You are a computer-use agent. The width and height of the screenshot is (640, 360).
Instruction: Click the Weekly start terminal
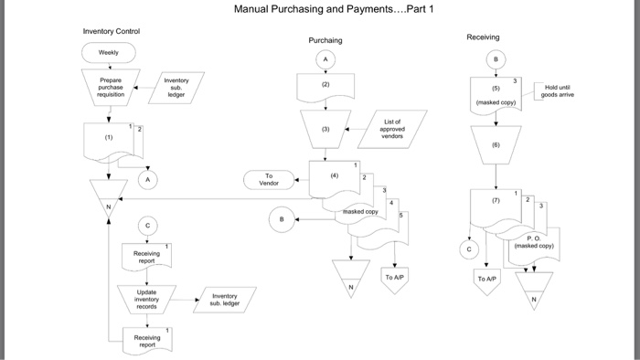coord(109,53)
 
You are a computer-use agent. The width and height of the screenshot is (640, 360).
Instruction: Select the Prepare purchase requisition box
coord(110,87)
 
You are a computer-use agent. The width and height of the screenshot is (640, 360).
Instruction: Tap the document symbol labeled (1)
coord(108,138)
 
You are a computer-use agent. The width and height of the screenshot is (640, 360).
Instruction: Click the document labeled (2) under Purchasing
coord(325,86)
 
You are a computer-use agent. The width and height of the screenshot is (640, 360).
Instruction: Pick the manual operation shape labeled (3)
coord(325,130)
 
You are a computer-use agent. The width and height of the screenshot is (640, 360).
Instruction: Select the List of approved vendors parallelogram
coord(392,129)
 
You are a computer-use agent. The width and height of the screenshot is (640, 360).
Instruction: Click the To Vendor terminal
coord(269,180)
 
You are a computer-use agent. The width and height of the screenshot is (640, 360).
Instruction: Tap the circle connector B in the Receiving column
coord(496,59)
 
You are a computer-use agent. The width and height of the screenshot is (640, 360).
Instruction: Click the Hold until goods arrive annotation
coord(557,90)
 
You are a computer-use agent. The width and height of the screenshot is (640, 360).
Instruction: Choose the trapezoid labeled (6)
coord(496,144)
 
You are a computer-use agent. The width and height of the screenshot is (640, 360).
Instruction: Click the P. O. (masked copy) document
coord(533,242)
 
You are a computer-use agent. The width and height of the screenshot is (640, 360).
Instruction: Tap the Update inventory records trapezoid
coord(146,299)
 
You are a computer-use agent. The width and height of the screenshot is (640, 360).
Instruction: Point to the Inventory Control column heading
coord(112,31)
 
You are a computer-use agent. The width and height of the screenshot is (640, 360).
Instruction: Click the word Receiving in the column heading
coord(483,37)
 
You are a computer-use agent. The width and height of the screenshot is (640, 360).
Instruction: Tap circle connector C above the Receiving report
coord(147,225)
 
